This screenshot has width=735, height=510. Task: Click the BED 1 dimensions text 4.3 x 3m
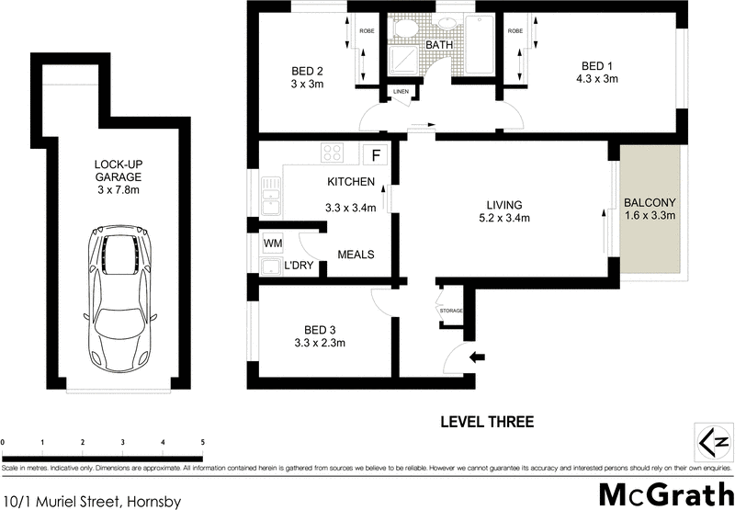599,79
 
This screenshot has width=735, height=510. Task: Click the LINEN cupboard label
401,91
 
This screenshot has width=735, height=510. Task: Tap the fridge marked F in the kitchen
375,153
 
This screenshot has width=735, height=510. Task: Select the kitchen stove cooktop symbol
332,153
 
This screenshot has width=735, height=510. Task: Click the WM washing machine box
273,244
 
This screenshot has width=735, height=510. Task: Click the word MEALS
356,255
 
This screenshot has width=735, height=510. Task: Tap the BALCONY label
650,203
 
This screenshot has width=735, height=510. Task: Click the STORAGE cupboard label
450,311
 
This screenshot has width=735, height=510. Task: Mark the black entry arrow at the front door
477,357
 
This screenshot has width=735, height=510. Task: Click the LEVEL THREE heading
487,422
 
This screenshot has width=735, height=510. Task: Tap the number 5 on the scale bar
202,444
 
